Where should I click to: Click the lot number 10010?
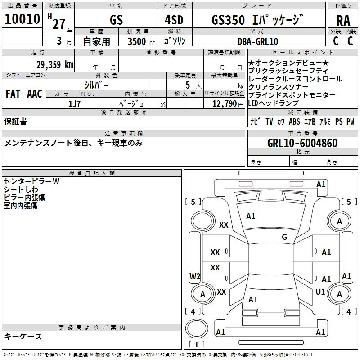pyautogui.click(x=22, y=19)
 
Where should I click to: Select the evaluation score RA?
pyautogui.click(x=343, y=20)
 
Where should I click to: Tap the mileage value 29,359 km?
pyautogui.click(x=54, y=65)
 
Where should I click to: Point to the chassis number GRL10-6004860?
pyautogui.click(x=302, y=144)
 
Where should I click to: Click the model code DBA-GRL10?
pyautogui.click(x=258, y=41)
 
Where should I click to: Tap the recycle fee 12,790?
pyautogui.click(x=223, y=104)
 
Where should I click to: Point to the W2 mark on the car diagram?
pyautogui.click(x=194, y=276)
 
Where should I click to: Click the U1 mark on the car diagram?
pyautogui.click(x=320, y=292)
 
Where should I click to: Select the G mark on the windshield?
pyautogui.click(x=284, y=237)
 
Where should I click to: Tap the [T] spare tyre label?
pyautogui.click(x=197, y=345)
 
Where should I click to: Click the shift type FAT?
pyautogui.click(x=13, y=94)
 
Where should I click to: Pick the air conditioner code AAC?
pyautogui.click(x=34, y=94)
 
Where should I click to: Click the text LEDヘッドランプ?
pyautogui.click(x=273, y=103)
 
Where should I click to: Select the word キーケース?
pyautogui.click(x=23, y=337)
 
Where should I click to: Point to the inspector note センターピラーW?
pyautogui.click(x=31, y=181)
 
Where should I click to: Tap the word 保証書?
pyautogui.click(x=15, y=121)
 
